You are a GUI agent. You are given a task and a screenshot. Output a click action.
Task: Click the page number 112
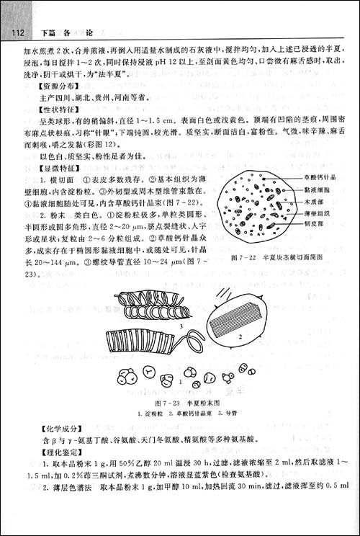coord(16,32)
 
